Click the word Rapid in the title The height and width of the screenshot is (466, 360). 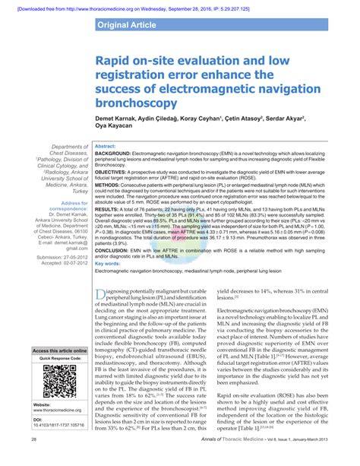[x=115, y=59]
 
